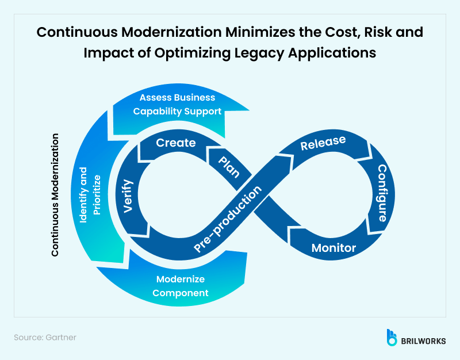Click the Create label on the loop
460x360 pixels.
click(176, 143)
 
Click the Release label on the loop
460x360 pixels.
click(323, 143)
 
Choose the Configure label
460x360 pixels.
click(381, 193)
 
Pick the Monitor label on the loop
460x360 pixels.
click(333, 248)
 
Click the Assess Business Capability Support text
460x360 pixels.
click(177, 104)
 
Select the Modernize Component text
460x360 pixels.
click(181, 286)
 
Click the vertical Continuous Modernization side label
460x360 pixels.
click(55, 195)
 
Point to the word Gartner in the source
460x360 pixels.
click(60, 338)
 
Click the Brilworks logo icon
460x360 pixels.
click(392, 337)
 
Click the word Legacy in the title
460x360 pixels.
click(265, 52)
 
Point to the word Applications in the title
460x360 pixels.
click(335, 52)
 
